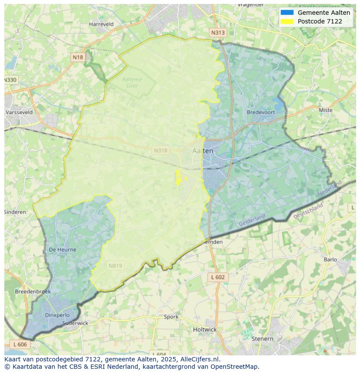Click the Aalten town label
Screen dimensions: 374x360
[x=203, y=151]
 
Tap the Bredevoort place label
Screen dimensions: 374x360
[x=261, y=112]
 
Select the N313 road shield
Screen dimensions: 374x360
[x=218, y=33]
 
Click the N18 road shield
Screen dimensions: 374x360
[x=78, y=57]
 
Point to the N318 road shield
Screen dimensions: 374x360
[x=160, y=150]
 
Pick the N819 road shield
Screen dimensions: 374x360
[x=115, y=266]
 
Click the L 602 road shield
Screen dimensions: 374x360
[x=217, y=277]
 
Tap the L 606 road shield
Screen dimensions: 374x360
[x=20, y=344]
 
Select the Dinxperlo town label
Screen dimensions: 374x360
[x=57, y=315]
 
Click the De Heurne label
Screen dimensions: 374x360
[x=62, y=250]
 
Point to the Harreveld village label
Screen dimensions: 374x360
[x=101, y=24]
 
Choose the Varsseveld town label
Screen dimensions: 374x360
[x=19, y=112]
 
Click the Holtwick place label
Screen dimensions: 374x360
[x=204, y=330]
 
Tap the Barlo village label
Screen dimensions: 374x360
[x=330, y=260]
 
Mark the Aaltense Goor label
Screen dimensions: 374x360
[x=132, y=83]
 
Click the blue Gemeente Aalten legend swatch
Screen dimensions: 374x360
[x=287, y=13]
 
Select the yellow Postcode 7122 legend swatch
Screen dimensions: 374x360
[x=287, y=21]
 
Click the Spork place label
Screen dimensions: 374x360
[x=171, y=317]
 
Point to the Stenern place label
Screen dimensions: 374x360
[x=262, y=339]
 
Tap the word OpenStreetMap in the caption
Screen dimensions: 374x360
[x=234, y=367]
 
